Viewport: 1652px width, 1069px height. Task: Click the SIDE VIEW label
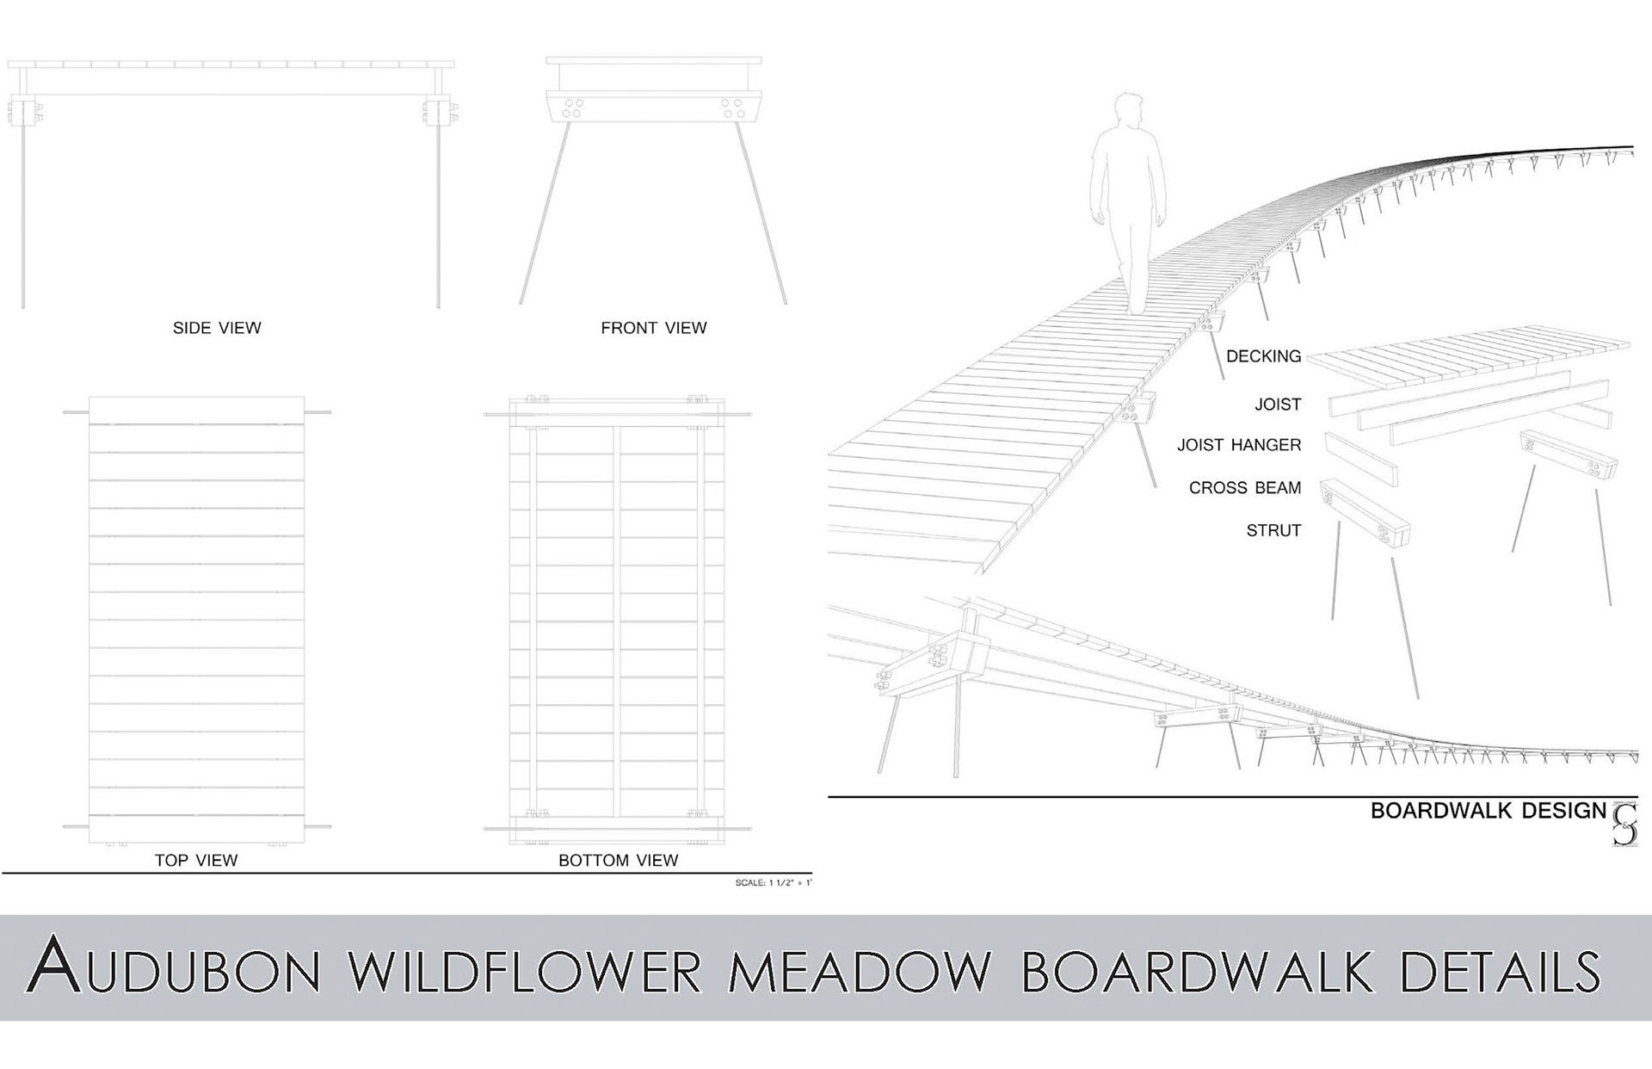click(217, 328)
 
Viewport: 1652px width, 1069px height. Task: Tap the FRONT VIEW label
click(653, 328)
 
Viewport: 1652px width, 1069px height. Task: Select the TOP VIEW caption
click(196, 860)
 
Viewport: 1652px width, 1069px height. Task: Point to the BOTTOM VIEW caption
click(618, 860)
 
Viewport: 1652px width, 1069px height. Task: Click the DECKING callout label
click(1263, 356)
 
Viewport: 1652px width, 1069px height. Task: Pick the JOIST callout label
click(1278, 405)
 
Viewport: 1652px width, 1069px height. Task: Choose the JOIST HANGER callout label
click(1239, 445)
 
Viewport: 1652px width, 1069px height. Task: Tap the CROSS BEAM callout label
click(1244, 488)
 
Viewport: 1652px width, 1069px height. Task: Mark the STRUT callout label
click(1273, 531)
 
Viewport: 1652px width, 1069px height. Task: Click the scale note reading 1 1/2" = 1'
click(773, 883)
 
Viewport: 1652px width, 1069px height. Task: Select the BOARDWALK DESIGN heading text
click(1488, 811)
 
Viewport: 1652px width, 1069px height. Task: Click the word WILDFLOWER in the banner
click(525, 969)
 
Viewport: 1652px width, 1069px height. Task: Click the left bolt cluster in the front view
click(573, 108)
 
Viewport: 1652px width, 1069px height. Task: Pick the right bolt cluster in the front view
click(732, 108)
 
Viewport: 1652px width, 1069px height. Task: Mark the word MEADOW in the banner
click(860, 969)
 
